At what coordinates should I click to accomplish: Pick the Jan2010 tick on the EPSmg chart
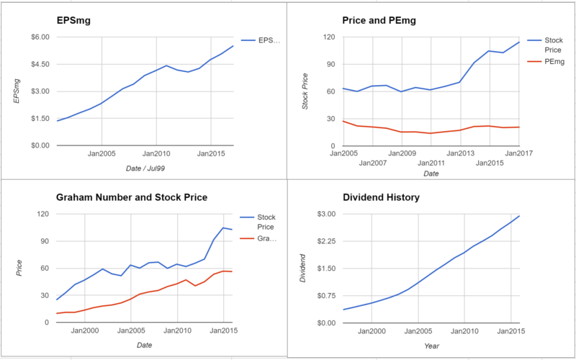point(156,153)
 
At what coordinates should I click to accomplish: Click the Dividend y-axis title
point(304,269)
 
